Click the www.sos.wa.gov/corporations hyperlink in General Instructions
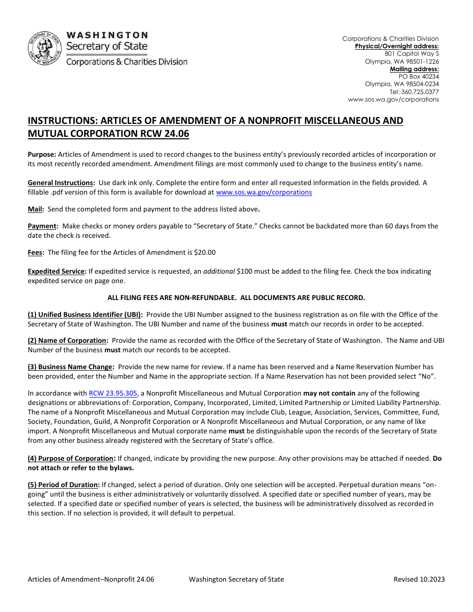(264, 192)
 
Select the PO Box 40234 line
(419, 77)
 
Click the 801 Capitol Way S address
(412, 54)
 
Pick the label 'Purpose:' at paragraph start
(42, 154)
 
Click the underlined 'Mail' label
(35, 209)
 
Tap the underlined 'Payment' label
(42, 226)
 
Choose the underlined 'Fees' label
(35, 252)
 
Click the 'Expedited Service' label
(56, 271)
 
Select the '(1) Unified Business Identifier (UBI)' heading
(85, 314)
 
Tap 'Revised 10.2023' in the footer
(419, 579)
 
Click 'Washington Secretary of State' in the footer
(236, 579)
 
